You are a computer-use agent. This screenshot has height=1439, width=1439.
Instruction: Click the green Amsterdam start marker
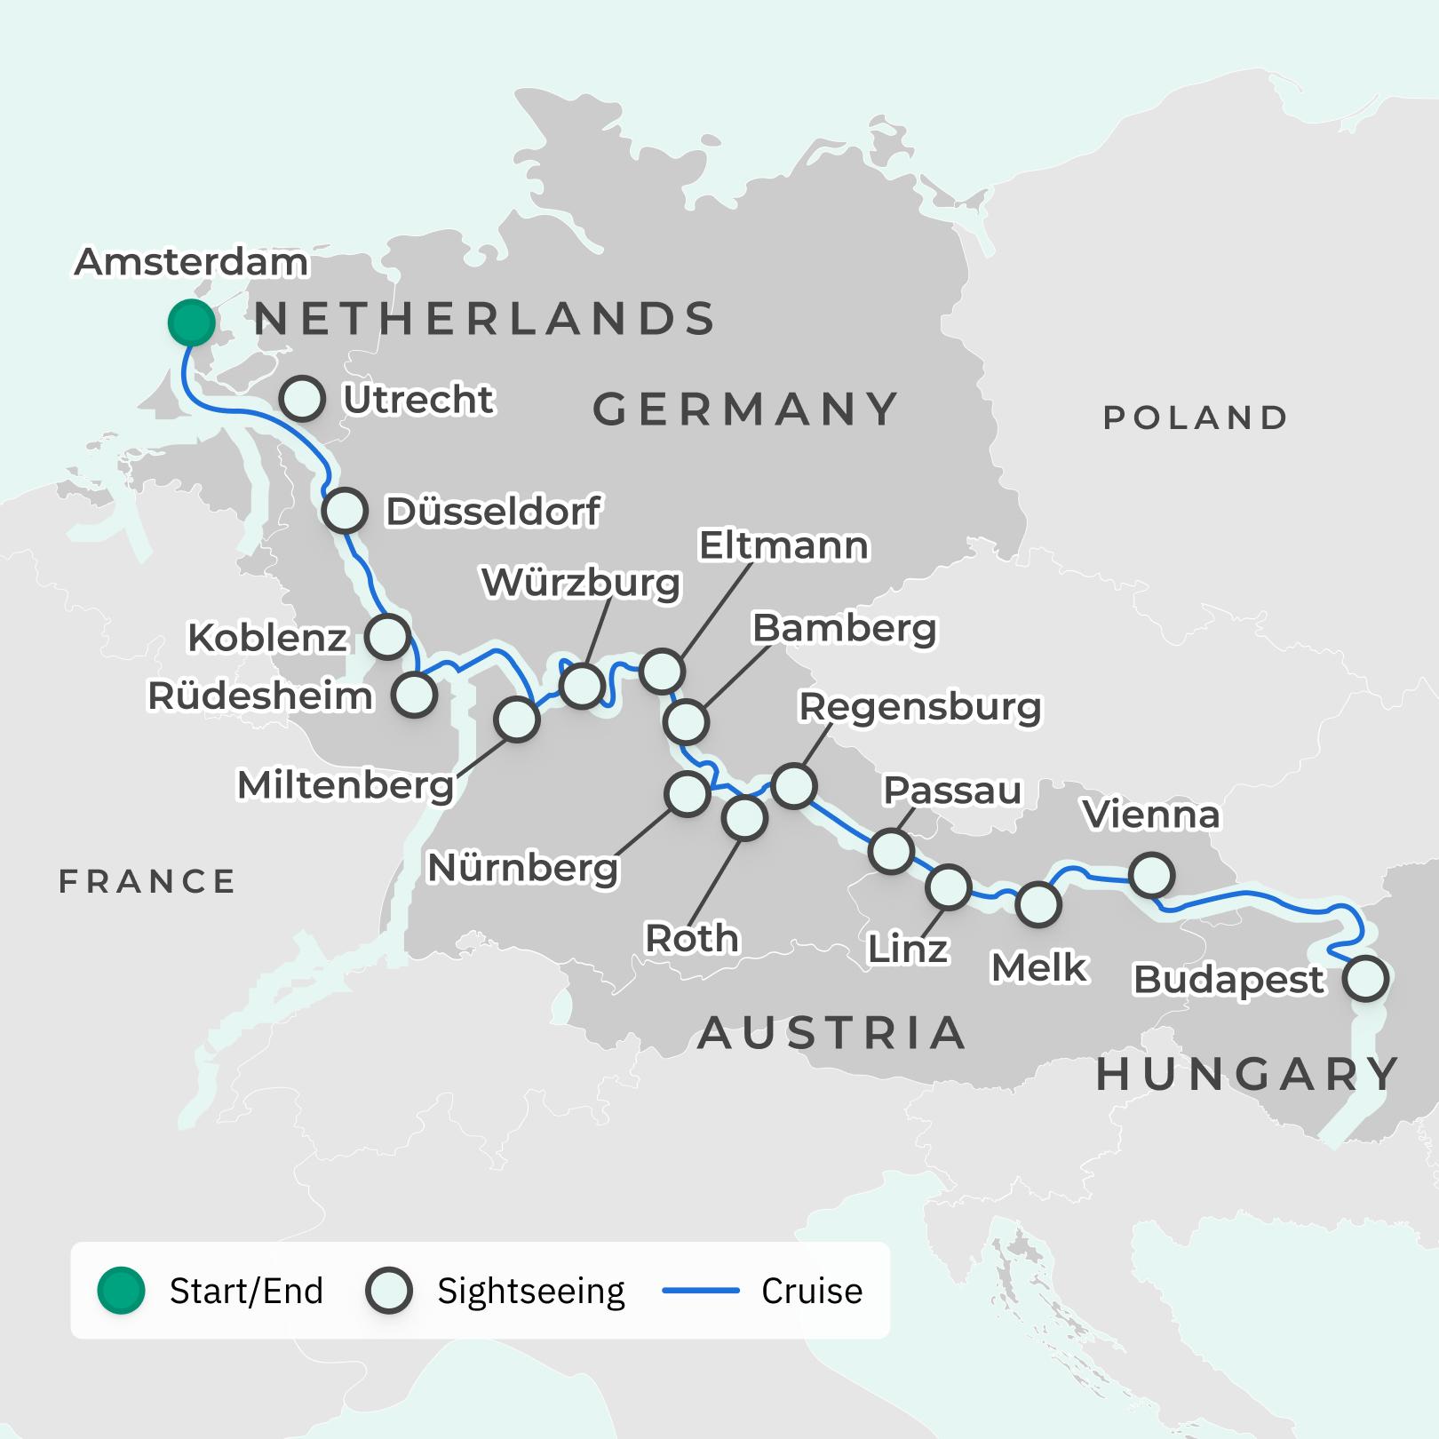[x=192, y=322]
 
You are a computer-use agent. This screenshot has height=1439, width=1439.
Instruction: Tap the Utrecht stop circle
[x=302, y=399]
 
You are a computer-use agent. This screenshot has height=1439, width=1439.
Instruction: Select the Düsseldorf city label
[x=493, y=512]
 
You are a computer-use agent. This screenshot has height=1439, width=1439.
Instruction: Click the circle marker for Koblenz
[x=387, y=636]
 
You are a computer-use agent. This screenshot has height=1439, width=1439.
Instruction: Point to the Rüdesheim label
[x=259, y=696]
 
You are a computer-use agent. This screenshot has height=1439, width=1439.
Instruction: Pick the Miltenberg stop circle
[x=516, y=719]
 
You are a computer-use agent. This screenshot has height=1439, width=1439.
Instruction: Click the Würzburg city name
[x=581, y=583]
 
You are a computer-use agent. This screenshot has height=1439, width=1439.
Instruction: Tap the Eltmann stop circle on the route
[x=662, y=671]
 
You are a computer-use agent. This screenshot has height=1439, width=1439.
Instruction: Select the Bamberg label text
[x=844, y=629]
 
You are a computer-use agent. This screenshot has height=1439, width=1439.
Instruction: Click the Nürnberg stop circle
[x=687, y=794]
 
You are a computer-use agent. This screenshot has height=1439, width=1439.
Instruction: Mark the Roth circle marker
[x=744, y=818]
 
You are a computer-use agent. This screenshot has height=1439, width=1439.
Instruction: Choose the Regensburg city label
[x=919, y=707]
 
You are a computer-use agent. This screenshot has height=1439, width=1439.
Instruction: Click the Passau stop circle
[x=891, y=851]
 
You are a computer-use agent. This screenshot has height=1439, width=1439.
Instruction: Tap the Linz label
[x=908, y=950]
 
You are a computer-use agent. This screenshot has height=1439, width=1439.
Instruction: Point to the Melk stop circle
[x=1038, y=904]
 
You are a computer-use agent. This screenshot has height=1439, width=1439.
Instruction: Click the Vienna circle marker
[x=1151, y=875]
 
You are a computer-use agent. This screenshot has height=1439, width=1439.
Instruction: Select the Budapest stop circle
[x=1365, y=979]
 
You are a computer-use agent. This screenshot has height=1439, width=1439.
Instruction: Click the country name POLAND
[x=1196, y=417]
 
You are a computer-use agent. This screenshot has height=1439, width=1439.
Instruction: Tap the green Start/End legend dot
[x=122, y=1291]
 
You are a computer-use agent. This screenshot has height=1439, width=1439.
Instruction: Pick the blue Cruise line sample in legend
[x=701, y=1291]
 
